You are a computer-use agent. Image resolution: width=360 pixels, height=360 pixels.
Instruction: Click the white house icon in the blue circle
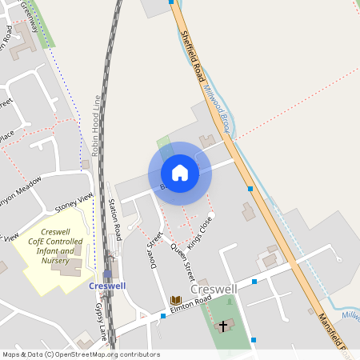[x=180, y=173]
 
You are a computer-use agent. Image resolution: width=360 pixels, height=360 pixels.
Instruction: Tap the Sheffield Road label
[x=193, y=56]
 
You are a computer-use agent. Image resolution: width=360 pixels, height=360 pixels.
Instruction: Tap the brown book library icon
[x=176, y=301]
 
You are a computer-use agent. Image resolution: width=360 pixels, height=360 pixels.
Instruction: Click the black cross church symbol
[x=223, y=326]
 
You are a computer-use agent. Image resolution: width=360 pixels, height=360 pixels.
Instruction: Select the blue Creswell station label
[x=106, y=286]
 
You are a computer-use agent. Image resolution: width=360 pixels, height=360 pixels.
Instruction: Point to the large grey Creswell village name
[x=214, y=287]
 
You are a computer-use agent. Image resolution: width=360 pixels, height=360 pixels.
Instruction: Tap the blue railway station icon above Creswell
[x=107, y=274]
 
